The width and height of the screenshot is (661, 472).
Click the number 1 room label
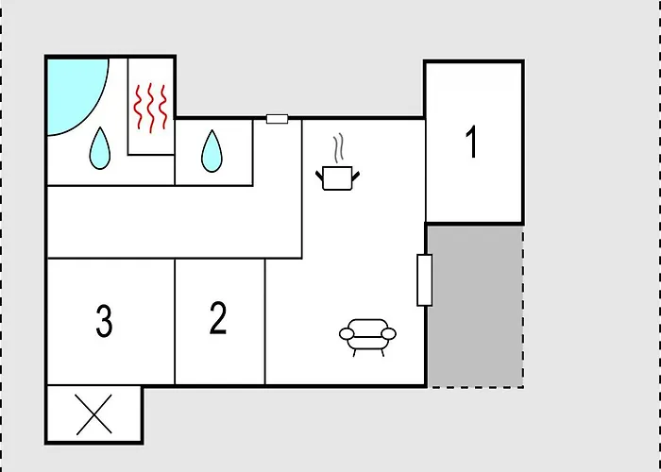[x=472, y=142]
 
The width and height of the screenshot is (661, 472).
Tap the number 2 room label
[x=218, y=318]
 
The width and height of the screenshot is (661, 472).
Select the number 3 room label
[x=104, y=321]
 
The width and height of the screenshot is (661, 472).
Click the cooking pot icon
[x=337, y=178]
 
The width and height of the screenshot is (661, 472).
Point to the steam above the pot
[x=338, y=147]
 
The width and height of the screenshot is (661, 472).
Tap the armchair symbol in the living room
[x=367, y=337]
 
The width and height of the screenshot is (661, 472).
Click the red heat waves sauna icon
[x=150, y=108]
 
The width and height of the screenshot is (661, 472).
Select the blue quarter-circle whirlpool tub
[x=74, y=93]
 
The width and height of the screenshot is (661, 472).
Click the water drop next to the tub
[x=100, y=148]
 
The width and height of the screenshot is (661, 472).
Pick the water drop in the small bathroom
[x=212, y=151]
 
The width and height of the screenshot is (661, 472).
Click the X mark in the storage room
[x=94, y=414]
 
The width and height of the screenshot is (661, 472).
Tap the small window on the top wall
[x=277, y=119]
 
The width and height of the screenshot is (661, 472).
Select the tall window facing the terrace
[x=425, y=279]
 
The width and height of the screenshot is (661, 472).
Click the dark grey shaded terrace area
[x=476, y=306]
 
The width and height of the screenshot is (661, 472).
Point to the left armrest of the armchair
[x=347, y=334]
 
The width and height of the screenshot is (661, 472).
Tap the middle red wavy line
[x=150, y=108]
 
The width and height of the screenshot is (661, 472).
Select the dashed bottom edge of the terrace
[x=476, y=387]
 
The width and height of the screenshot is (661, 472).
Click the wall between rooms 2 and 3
[x=175, y=322]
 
